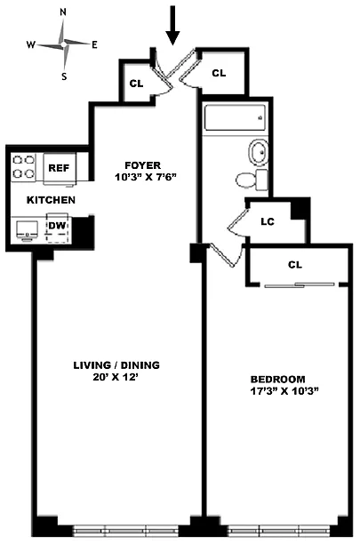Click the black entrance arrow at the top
[x=172, y=26]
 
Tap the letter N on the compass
[x=63, y=12]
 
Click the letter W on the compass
[x=31, y=44]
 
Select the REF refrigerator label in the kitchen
[x=59, y=168]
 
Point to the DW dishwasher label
[x=57, y=226]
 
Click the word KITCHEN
[x=51, y=200]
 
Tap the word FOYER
[x=143, y=165]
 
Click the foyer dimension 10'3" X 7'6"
[x=146, y=177]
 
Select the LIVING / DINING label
[x=116, y=365]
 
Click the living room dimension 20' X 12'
[x=116, y=377]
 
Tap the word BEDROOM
[x=278, y=380]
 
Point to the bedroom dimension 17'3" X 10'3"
[x=284, y=391]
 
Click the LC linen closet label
[x=268, y=221]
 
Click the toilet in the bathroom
[x=252, y=180]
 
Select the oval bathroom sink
[x=259, y=152]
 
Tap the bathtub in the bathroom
[x=235, y=117]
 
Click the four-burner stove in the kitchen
[x=24, y=167]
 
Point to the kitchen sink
[x=28, y=229]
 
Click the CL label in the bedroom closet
[x=295, y=265]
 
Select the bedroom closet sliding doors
[x=300, y=285]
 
